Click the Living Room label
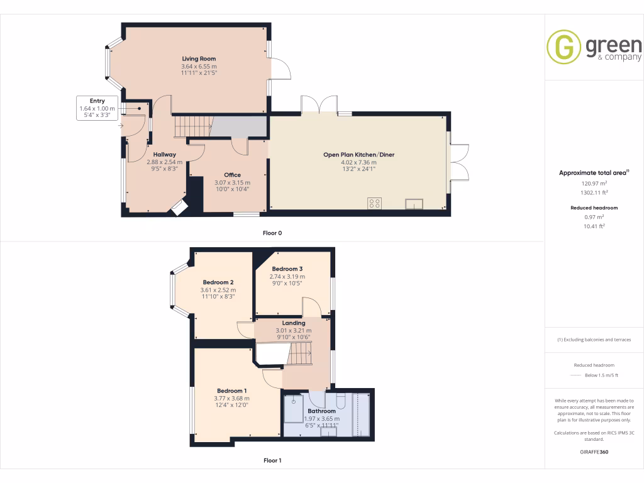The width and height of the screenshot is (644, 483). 198,59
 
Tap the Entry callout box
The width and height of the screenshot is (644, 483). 97,108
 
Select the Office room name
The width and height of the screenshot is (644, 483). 232,175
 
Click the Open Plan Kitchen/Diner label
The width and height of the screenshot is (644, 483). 358,155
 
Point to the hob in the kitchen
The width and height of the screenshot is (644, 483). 374,203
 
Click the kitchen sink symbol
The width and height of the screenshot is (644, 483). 414,203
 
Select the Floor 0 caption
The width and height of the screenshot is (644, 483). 272,233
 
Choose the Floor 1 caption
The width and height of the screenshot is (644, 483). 272,461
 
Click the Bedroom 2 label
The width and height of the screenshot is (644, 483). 218,282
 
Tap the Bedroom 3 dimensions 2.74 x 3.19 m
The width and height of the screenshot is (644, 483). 287,277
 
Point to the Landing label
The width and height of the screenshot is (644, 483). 293,323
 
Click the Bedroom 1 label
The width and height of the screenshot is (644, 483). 232,391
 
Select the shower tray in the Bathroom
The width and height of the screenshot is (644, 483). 294,409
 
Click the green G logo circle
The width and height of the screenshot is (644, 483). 563,47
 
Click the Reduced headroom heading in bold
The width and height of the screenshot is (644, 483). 594,208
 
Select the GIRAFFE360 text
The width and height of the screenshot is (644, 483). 594,452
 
